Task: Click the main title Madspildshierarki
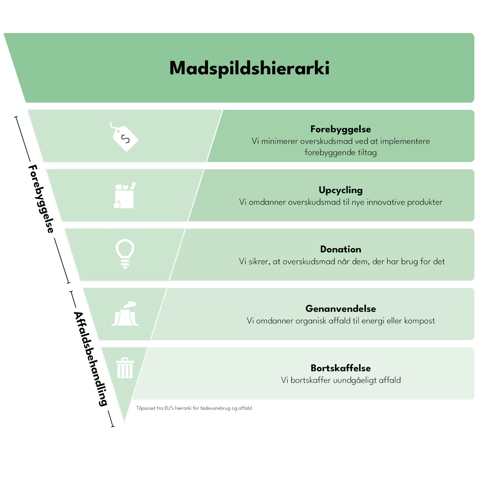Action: click(249, 68)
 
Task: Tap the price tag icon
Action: click(124, 137)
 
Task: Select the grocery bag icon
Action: click(125, 195)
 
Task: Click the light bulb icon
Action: click(125, 254)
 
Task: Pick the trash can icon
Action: click(125, 368)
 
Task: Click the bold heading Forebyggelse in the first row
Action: click(341, 129)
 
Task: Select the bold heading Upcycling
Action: click(341, 190)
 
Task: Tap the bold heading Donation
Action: click(341, 249)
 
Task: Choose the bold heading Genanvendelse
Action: click(341, 309)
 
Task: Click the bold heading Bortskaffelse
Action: click(341, 368)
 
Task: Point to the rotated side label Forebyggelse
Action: click(41, 199)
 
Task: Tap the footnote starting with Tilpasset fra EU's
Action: click(194, 408)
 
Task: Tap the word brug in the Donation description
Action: click(409, 262)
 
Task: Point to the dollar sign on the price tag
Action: click(125, 139)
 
